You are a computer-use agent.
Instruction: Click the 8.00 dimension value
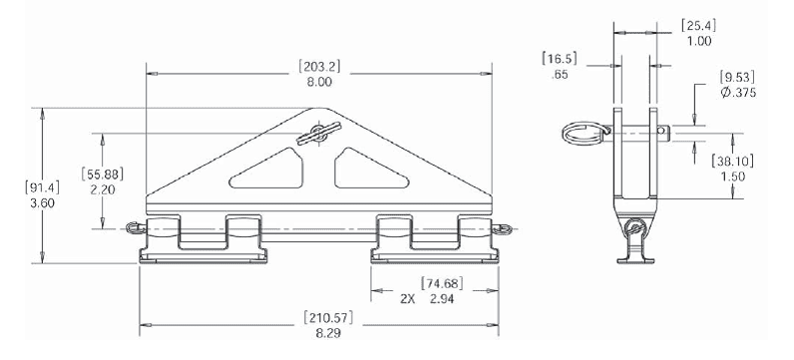coord(319,82)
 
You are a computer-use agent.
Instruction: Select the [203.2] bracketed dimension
coord(319,66)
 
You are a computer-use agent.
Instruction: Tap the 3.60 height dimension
coord(43,203)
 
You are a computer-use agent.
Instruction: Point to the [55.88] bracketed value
coord(103,174)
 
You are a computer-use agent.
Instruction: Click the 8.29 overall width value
coord(328,334)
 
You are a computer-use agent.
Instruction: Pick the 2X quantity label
coord(408,299)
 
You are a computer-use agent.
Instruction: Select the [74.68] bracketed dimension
coord(442,283)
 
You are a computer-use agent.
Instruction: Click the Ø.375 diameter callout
coord(737,93)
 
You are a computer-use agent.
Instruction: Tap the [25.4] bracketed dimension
coord(699,25)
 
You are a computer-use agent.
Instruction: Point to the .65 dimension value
coord(560,75)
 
